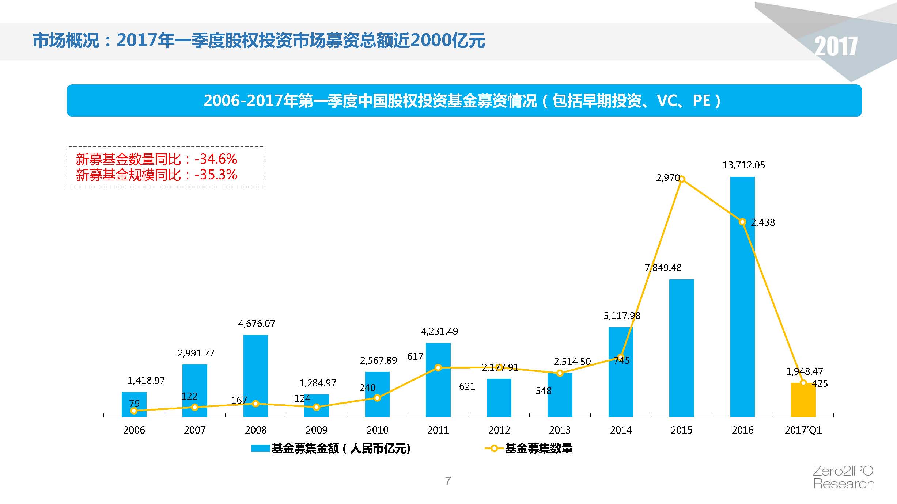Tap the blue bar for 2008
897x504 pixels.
256,376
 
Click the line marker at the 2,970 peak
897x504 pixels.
681,179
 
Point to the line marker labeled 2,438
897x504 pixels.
742,222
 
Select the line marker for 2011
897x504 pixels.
438,368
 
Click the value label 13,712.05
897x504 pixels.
743,165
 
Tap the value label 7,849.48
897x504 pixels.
663,268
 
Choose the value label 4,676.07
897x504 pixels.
257,324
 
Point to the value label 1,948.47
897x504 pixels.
805,371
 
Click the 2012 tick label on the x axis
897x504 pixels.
499,430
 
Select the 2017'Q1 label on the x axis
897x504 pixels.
803,430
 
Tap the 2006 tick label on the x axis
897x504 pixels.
134,430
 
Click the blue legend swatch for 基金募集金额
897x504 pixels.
261,448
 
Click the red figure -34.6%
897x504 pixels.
216,159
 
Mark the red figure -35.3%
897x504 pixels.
216,175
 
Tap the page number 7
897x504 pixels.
448,481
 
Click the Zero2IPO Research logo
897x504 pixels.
844,477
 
